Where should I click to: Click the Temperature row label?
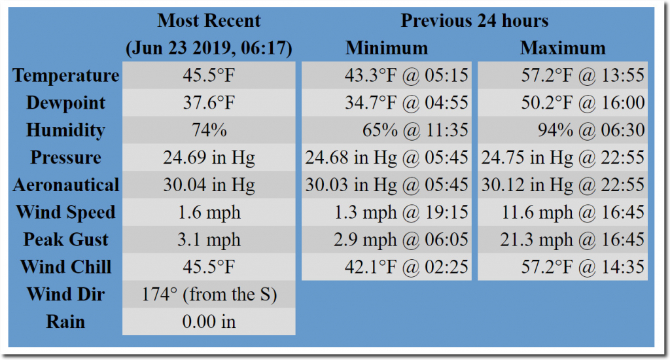click(x=65, y=76)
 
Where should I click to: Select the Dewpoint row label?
click(x=65, y=103)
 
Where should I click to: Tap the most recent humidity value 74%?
click(x=209, y=130)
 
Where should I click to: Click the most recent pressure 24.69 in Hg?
click(x=209, y=158)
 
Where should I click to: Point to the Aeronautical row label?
click(x=65, y=185)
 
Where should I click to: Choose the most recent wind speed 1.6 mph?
click(x=209, y=213)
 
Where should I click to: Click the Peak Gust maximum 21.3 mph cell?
click(x=563, y=240)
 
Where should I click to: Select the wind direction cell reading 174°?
click(x=209, y=295)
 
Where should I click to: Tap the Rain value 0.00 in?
click(x=209, y=322)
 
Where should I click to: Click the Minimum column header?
click(x=387, y=48)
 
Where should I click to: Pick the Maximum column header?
click(x=563, y=48)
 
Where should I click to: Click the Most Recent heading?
click(x=209, y=20)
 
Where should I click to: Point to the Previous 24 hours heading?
click(x=474, y=20)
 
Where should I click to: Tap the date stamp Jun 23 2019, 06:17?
click(x=209, y=48)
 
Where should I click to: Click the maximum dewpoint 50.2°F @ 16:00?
click(x=563, y=103)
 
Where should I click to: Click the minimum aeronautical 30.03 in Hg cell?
click(x=387, y=185)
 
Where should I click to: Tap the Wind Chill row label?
click(x=65, y=267)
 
